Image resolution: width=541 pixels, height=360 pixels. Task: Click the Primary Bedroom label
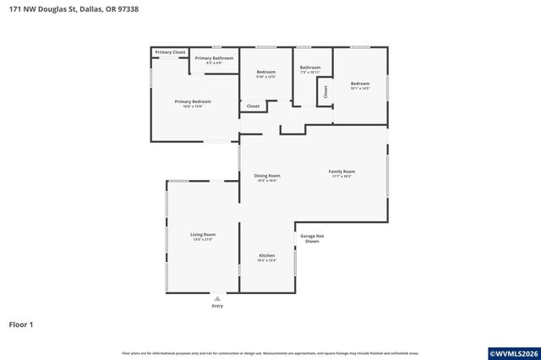tap(193, 101)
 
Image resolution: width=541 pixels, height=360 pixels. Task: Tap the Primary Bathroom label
tap(214, 58)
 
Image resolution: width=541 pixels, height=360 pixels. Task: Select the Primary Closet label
tap(170, 52)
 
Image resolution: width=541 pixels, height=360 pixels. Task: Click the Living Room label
tap(203, 234)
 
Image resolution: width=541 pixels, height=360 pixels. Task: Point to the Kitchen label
tap(266, 255)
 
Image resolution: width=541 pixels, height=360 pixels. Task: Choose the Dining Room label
tap(267, 176)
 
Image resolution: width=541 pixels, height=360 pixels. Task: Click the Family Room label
tap(342, 172)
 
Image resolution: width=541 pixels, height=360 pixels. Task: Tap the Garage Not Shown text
tap(311, 238)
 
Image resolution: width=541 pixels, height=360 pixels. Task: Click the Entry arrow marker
tap(217, 298)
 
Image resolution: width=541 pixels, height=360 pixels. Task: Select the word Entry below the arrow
tap(217, 306)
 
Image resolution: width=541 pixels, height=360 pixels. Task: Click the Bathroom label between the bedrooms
tap(310, 68)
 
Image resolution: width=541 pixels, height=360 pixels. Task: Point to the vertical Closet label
tap(325, 92)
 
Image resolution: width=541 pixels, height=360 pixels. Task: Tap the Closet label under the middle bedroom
tap(253, 106)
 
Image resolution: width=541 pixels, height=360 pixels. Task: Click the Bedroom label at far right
tap(360, 83)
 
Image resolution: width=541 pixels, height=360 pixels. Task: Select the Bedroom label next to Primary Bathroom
tap(266, 72)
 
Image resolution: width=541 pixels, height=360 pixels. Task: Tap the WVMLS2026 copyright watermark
tap(513, 352)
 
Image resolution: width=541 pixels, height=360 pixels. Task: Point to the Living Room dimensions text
tap(203, 239)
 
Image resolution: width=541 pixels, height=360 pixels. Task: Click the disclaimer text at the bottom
tap(270, 352)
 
